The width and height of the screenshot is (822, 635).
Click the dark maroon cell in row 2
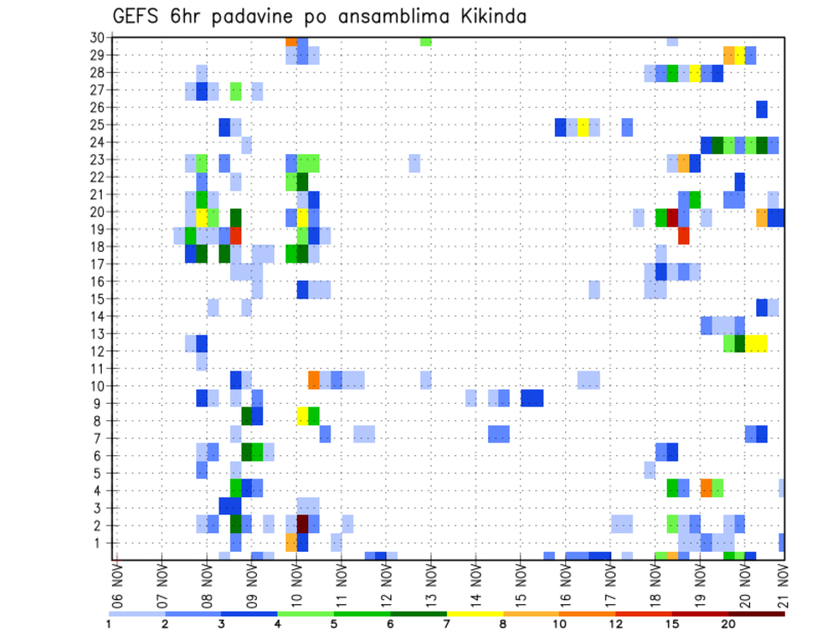302,524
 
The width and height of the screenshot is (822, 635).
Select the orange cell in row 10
314,378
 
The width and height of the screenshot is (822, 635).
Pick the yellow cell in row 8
302,416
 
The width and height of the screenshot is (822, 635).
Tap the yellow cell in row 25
583,127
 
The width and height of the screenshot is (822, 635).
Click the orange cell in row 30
291,40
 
